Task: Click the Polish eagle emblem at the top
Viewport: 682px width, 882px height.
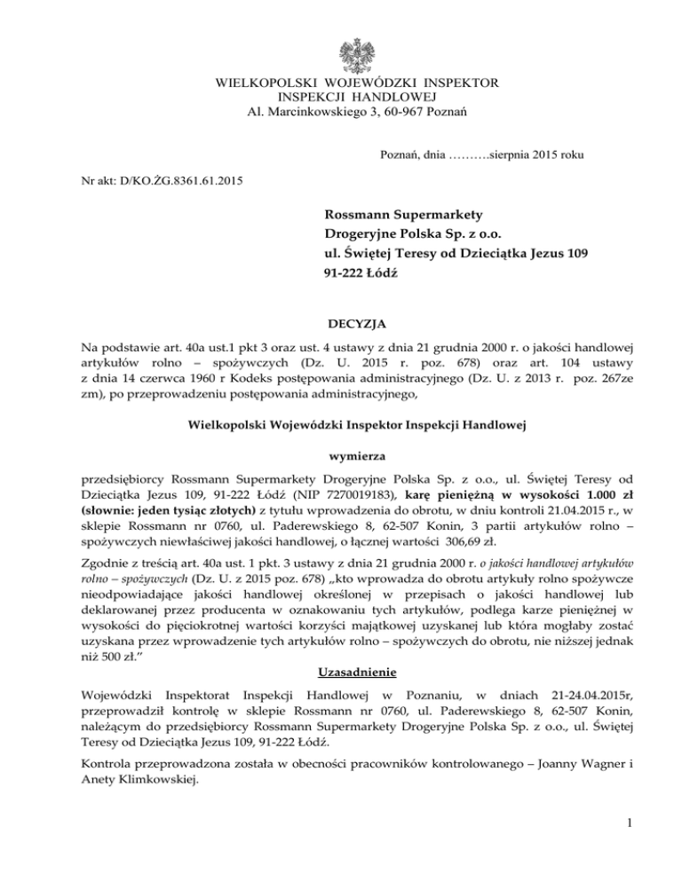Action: click(x=341, y=50)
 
